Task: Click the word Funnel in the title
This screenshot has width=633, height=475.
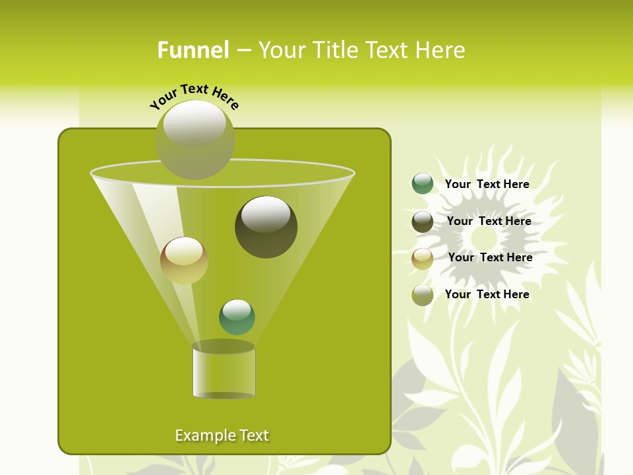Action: tap(193, 50)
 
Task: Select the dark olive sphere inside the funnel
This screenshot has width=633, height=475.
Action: tap(266, 227)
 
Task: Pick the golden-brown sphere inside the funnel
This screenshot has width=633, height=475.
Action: tap(184, 261)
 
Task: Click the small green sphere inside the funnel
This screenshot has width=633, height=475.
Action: tap(237, 317)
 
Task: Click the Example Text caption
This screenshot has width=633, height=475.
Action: tap(222, 435)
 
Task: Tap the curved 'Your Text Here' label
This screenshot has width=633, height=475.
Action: tap(194, 96)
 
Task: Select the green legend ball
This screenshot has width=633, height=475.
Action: tap(423, 184)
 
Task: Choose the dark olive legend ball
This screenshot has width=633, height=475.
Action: tap(423, 222)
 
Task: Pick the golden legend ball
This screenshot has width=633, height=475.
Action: tap(423, 259)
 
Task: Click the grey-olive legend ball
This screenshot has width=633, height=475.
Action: tap(423, 295)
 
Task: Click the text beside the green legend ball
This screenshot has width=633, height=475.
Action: tap(487, 185)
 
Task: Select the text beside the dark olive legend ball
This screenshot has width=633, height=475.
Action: tap(489, 222)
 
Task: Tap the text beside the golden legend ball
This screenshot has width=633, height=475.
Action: tap(491, 258)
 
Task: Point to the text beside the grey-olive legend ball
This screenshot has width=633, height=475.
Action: tap(487, 295)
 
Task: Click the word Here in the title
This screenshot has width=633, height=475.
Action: tap(442, 50)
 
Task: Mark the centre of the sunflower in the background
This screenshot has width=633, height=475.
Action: tap(485, 235)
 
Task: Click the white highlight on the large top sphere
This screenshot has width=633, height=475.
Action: tap(195, 123)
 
